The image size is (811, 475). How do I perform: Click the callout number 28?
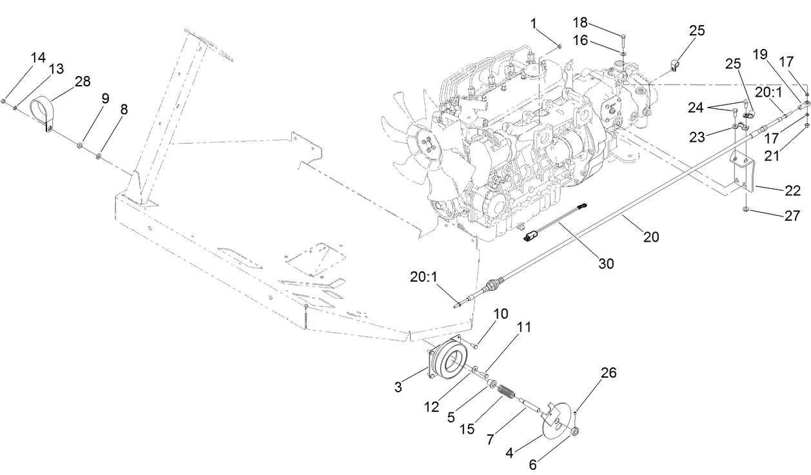click(82, 81)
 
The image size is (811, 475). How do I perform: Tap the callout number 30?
click(606, 263)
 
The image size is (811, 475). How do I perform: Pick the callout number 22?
click(792, 191)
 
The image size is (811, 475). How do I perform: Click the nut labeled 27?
click(745, 210)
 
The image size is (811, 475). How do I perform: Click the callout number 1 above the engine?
click(534, 23)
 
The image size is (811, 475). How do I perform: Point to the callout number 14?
click(37, 57)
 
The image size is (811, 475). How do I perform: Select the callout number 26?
click(608, 373)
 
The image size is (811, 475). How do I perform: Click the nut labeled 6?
click(576, 431)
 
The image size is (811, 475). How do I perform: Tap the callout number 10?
click(501, 313)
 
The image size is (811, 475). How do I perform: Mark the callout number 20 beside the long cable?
click(651, 237)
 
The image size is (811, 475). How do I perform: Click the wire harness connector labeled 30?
click(534, 237)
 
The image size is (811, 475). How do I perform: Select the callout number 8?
click(123, 110)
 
